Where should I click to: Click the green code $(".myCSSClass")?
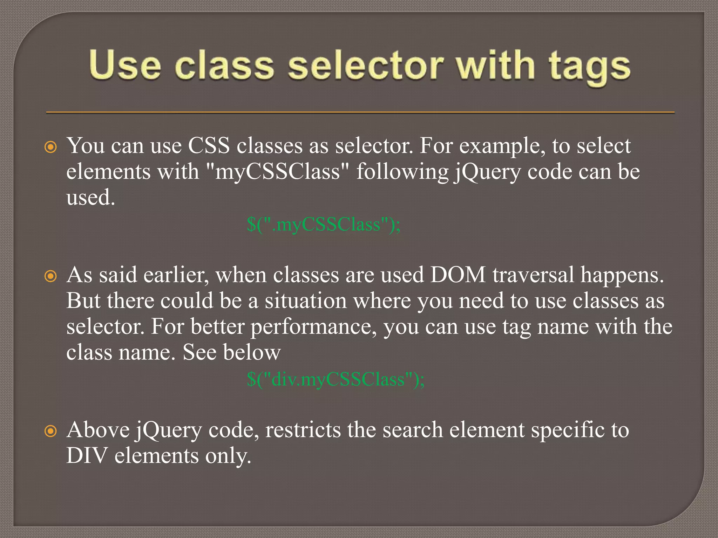(x=323, y=224)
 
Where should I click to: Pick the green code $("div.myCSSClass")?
(x=336, y=379)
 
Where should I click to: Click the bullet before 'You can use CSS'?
(x=51, y=147)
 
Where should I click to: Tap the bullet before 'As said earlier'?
(x=51, y=276)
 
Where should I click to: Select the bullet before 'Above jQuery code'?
(x=51, y=431)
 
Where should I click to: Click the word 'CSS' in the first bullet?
(x=209, y=145)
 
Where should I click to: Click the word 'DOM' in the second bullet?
(x=458, y=275)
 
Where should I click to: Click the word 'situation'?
(x=305, y=301)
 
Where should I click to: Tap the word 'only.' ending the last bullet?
(x=228, y=456)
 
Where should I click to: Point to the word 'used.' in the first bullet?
(x=91, y=198)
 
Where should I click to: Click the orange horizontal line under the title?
(x=360, y=112)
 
